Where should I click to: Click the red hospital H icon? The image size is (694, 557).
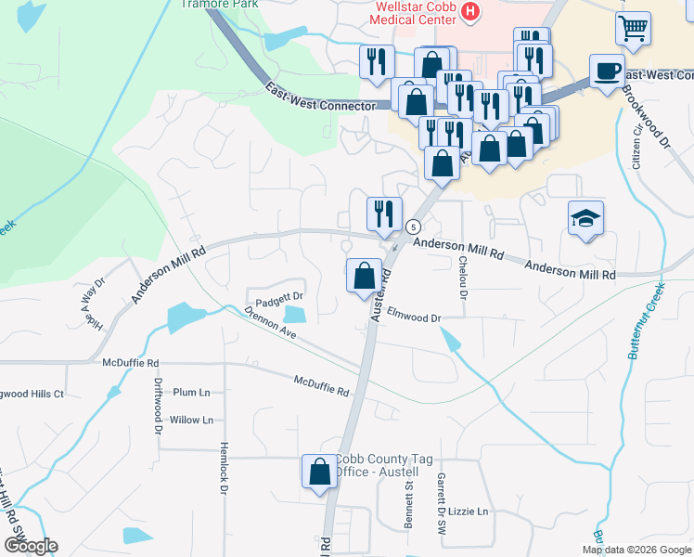pyautogui.click(x=471, y=11)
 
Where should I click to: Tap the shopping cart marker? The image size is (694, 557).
pyautogui.click(x=633, y=28)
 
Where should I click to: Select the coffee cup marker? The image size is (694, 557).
pyautogui.click(x=607, y=71)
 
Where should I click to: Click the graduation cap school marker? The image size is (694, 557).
pyautogui.click(x=585, y=219)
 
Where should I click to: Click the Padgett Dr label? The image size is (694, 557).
pyautogui.click(x=280, y=299)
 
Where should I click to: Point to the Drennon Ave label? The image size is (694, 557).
pyautogui.click(x=270, y=324)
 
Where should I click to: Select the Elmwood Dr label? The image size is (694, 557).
pyautogui.click(x=414, y=317)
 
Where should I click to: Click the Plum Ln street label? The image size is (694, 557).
pyautogui.click(x=192, y=393)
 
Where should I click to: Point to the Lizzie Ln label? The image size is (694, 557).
pyautogui.click(x=468, y=512)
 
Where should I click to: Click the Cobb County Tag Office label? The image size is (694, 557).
pyautogui.click(x=378, y=465)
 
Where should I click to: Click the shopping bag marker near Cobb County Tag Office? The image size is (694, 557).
pyautogui.click(x=319, y=471)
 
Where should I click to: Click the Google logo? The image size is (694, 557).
pyautogui.click(x=31, y=546)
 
